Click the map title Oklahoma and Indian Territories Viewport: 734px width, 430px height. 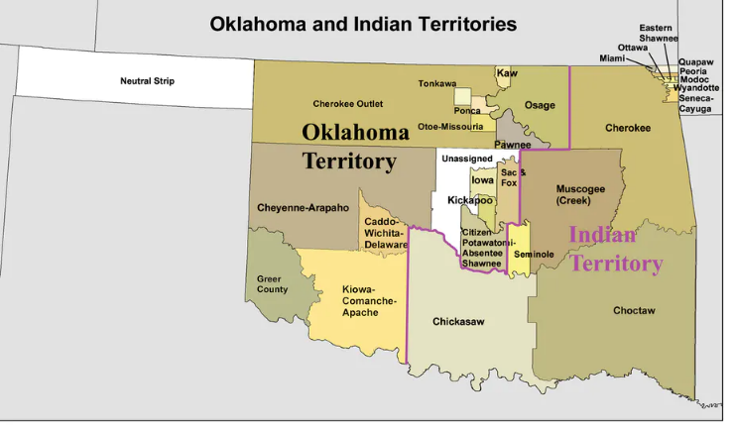pyautogui.click(x=363, y=24)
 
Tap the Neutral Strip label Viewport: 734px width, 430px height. pyautogui.click(x=147, y=80)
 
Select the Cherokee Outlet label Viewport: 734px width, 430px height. pyautogui.click(x=347, y=103)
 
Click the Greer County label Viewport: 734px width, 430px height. pyautogui.click(x=272, y=284)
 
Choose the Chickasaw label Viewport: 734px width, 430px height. pyautogui.click(x=457, y=322)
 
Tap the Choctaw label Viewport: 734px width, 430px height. pyautogui.click(x=633, y=311)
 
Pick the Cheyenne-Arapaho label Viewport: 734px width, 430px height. pyautogui.click(x=303, y=208)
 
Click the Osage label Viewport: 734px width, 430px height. pyautogui.click(x=540, y=105)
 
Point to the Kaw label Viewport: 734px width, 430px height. pyautogui.click(x=508, y=73)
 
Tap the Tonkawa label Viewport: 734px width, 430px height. pyautogui.click(x=436, y=83)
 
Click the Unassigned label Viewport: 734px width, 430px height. pyautogui.click(x=466, y=159)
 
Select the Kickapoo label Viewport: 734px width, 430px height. pyautogui.click(x=469, y=200)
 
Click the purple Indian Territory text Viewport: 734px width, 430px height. pyautogui.click(x=615, y=249)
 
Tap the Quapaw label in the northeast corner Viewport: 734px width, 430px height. pyautogui.click(x=696, y=61)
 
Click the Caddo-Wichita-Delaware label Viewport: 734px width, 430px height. pyautogui.click(x=386, y=233)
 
